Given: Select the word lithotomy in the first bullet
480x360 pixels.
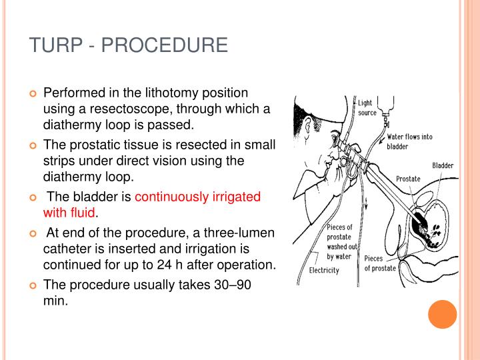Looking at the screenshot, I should point(154,93).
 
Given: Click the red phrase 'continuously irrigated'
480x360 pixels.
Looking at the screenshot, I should point(197,197).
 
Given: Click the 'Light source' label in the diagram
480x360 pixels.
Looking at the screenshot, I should point(367,108).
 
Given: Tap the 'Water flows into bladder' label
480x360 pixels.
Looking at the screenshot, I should point(409,141).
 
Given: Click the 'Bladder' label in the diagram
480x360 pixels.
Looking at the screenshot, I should point(443,165).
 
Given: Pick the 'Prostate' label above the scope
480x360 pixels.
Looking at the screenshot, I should point(408,179).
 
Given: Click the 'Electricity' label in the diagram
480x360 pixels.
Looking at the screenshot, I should point(324,270).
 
